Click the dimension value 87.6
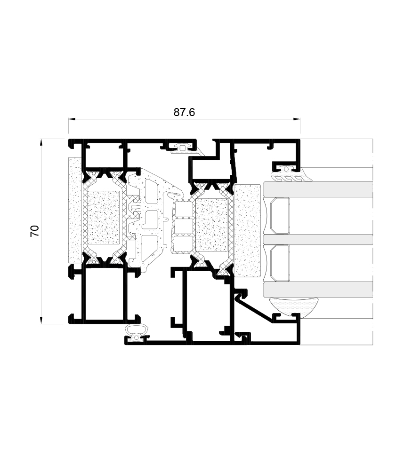point(184,112)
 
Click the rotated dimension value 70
point(35,231)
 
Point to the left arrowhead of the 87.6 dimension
point(71,119)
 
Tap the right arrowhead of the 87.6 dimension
point(298,119)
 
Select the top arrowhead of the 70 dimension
point(41,141)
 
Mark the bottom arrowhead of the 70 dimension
point(41,321)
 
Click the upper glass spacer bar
point(279,216)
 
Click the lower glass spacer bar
point(279,262)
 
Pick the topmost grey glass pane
point(318,189)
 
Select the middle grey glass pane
point(318,239)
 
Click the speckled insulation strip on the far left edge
point(75,210)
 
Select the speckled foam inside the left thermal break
point(104,217)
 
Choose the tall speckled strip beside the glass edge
point(247,230)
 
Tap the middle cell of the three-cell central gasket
point(184,227)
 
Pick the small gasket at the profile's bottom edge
point(137,333)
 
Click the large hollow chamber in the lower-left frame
point(104,294)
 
